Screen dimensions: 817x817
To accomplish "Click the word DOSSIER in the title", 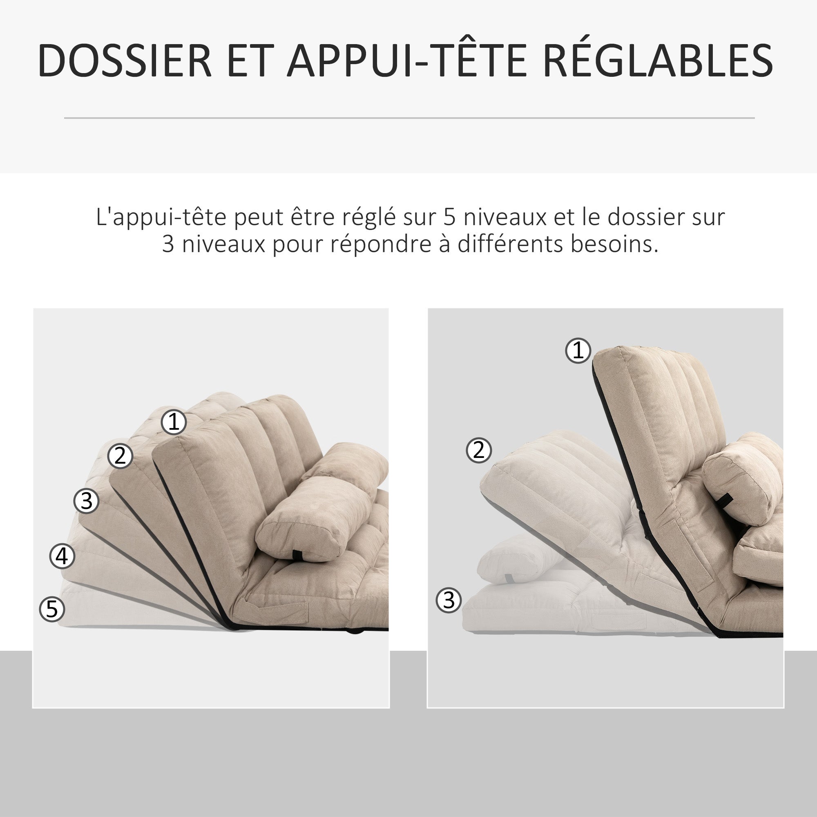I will (x=125, y=60).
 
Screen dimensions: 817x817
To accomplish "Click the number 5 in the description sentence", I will (x=450, y=217).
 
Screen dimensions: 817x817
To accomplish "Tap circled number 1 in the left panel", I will (x=174, y=422).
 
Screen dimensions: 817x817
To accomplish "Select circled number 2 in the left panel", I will (x=120, y=456).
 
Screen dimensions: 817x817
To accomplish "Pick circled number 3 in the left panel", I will (x=86, y=501).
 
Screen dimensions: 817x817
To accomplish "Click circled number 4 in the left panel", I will (x=62, y=556).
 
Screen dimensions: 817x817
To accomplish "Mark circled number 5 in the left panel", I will (x=51, y=609).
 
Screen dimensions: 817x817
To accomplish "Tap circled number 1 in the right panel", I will (x=578, y=350).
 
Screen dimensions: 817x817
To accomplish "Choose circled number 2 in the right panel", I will (x=479, y=450).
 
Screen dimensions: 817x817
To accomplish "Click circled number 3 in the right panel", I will (x=449, y=600).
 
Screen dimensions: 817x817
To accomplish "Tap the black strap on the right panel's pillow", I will (x=724, y=501).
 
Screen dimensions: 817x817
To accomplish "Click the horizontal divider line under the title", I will (x=409, y=118).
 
